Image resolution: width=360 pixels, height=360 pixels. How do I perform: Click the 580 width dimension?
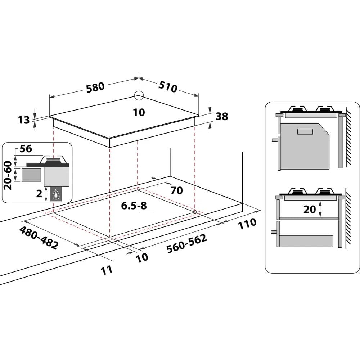click(95, 86)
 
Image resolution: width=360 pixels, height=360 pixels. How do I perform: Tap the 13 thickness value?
click(24, 120)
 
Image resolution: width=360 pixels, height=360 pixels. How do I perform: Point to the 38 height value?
click(222, 116)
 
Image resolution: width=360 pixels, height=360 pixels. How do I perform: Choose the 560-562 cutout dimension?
click(186, 244)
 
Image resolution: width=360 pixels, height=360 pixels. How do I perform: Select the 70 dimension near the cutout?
click(176, 190)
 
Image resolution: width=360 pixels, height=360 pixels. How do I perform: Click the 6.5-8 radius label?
click(134, 206)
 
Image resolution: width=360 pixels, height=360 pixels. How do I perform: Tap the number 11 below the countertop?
click(106, 270)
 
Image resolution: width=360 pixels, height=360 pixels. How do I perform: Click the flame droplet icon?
click(56, 195)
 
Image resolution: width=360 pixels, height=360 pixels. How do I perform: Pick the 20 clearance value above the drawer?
click(309, 209)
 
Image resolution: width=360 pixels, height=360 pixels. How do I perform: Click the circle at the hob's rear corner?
click(139, 95)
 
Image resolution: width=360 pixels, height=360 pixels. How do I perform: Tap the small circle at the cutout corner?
click(195, 212)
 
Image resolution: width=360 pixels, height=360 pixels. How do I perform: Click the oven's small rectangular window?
click(305, 131)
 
